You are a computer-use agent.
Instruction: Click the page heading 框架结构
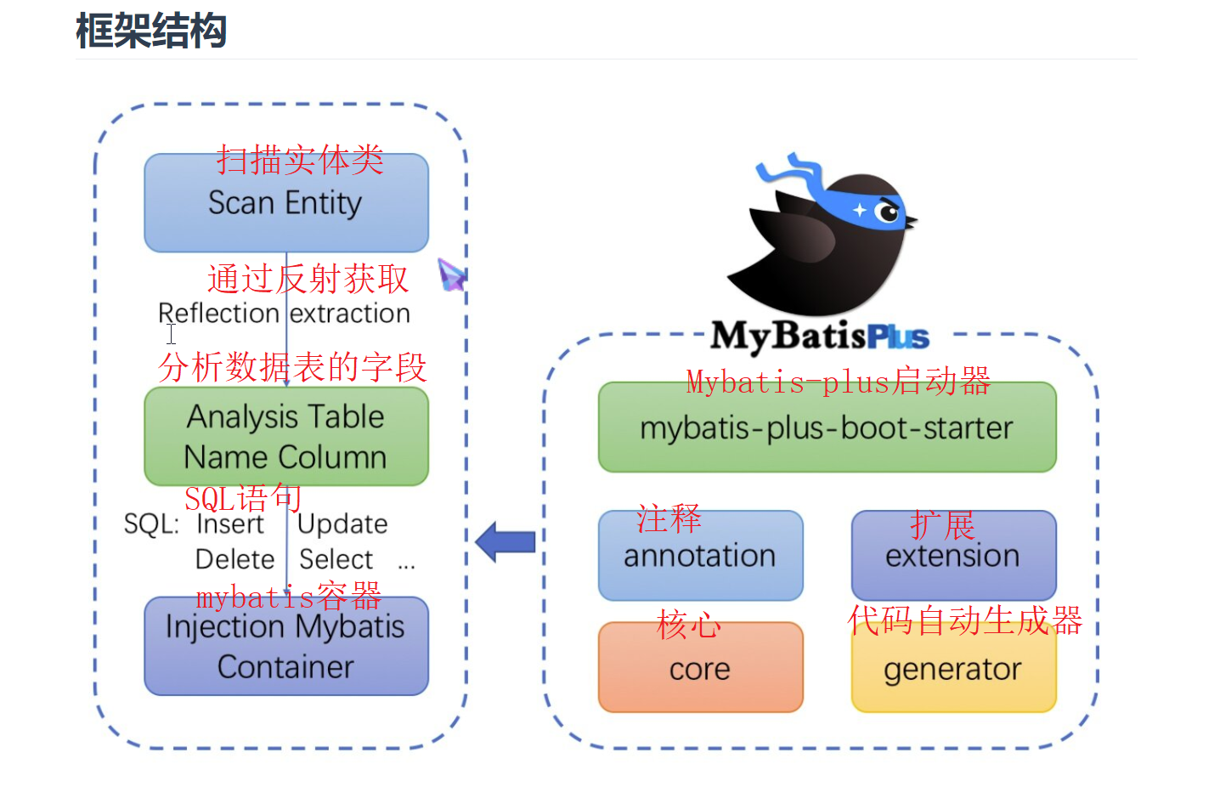coord(151,31)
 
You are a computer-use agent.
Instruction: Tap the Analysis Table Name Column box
coord(285,437)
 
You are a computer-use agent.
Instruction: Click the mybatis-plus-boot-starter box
coord(827,428)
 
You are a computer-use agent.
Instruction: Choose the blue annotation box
coord(700,557)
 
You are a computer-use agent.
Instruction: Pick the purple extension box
coord(953,557)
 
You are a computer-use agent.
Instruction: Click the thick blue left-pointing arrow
coord(506,541)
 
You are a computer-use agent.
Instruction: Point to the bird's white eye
coord(888,211)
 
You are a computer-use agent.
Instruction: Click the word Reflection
coord(218,314)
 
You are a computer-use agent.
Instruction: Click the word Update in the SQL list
coord(342,524)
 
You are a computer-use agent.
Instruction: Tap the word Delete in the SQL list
coord(234,559)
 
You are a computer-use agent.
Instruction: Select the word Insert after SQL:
coord(230,524)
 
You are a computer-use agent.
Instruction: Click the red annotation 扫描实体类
coord(300,160)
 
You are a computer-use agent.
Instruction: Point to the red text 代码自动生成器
coord(965,620)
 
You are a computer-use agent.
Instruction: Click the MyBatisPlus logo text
coord(820,337)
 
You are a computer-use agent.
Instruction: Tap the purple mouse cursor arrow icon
coord(451,275)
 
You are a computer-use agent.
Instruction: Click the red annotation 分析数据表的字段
coord(292,367)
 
